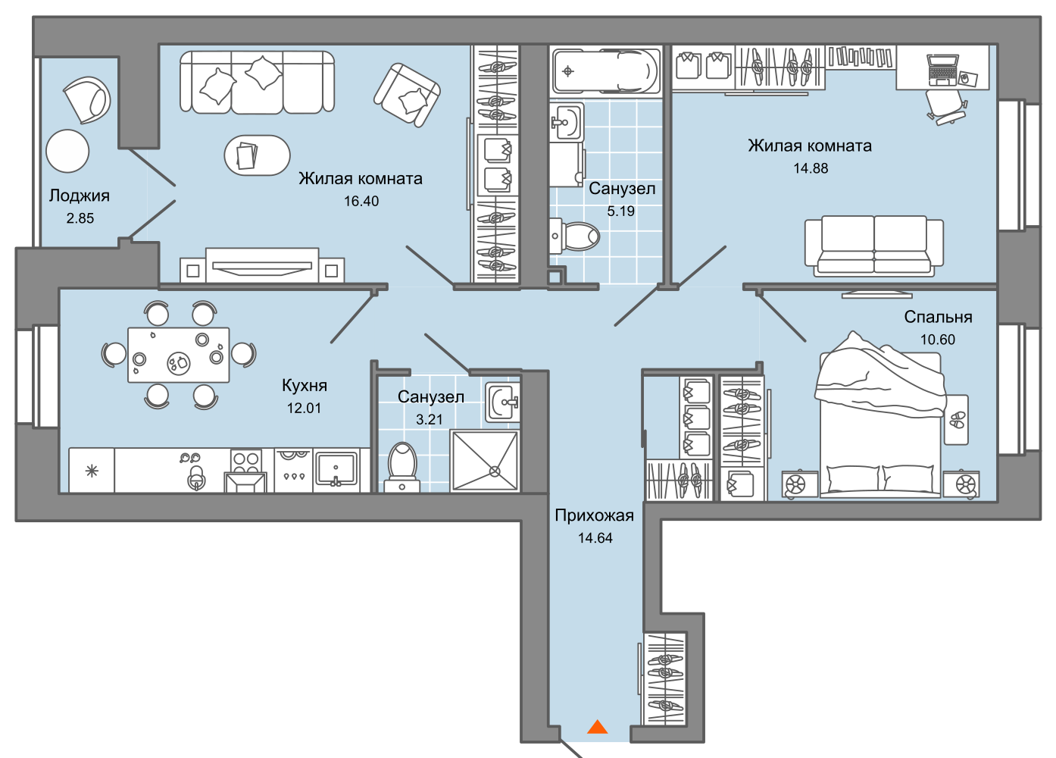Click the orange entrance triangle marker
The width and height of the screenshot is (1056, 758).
(597, 727)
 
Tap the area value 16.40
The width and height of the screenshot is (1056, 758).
(361, 202)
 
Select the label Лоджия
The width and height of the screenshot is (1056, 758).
(80, 196)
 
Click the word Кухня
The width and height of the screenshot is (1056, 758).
(305, 385)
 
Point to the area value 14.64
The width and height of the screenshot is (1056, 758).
(595, 538)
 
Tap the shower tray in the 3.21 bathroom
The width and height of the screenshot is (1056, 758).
(485, 461)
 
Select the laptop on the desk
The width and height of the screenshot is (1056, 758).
(943, 70)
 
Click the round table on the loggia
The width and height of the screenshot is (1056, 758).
(67, 151)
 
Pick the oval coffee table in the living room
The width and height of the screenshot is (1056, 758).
(257, 155)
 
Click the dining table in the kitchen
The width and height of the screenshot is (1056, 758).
(179, 355)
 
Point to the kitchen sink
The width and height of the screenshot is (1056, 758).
(336, 469)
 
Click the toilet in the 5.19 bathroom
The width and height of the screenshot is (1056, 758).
(574, 236)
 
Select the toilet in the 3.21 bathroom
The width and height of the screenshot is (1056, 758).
(401, 468)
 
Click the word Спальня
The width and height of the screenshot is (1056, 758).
(938, 317)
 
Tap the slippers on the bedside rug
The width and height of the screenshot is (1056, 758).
(957, 420)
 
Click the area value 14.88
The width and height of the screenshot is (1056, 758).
(811, 168)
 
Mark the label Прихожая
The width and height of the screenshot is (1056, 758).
(594, 515)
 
